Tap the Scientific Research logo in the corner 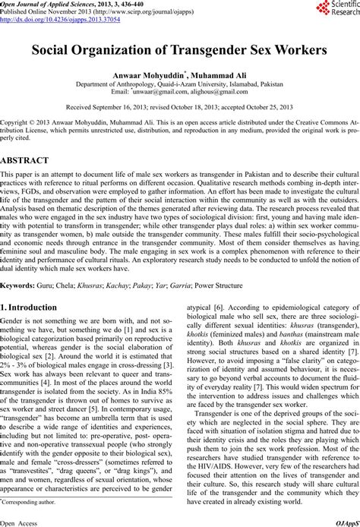tap(335, 11)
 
